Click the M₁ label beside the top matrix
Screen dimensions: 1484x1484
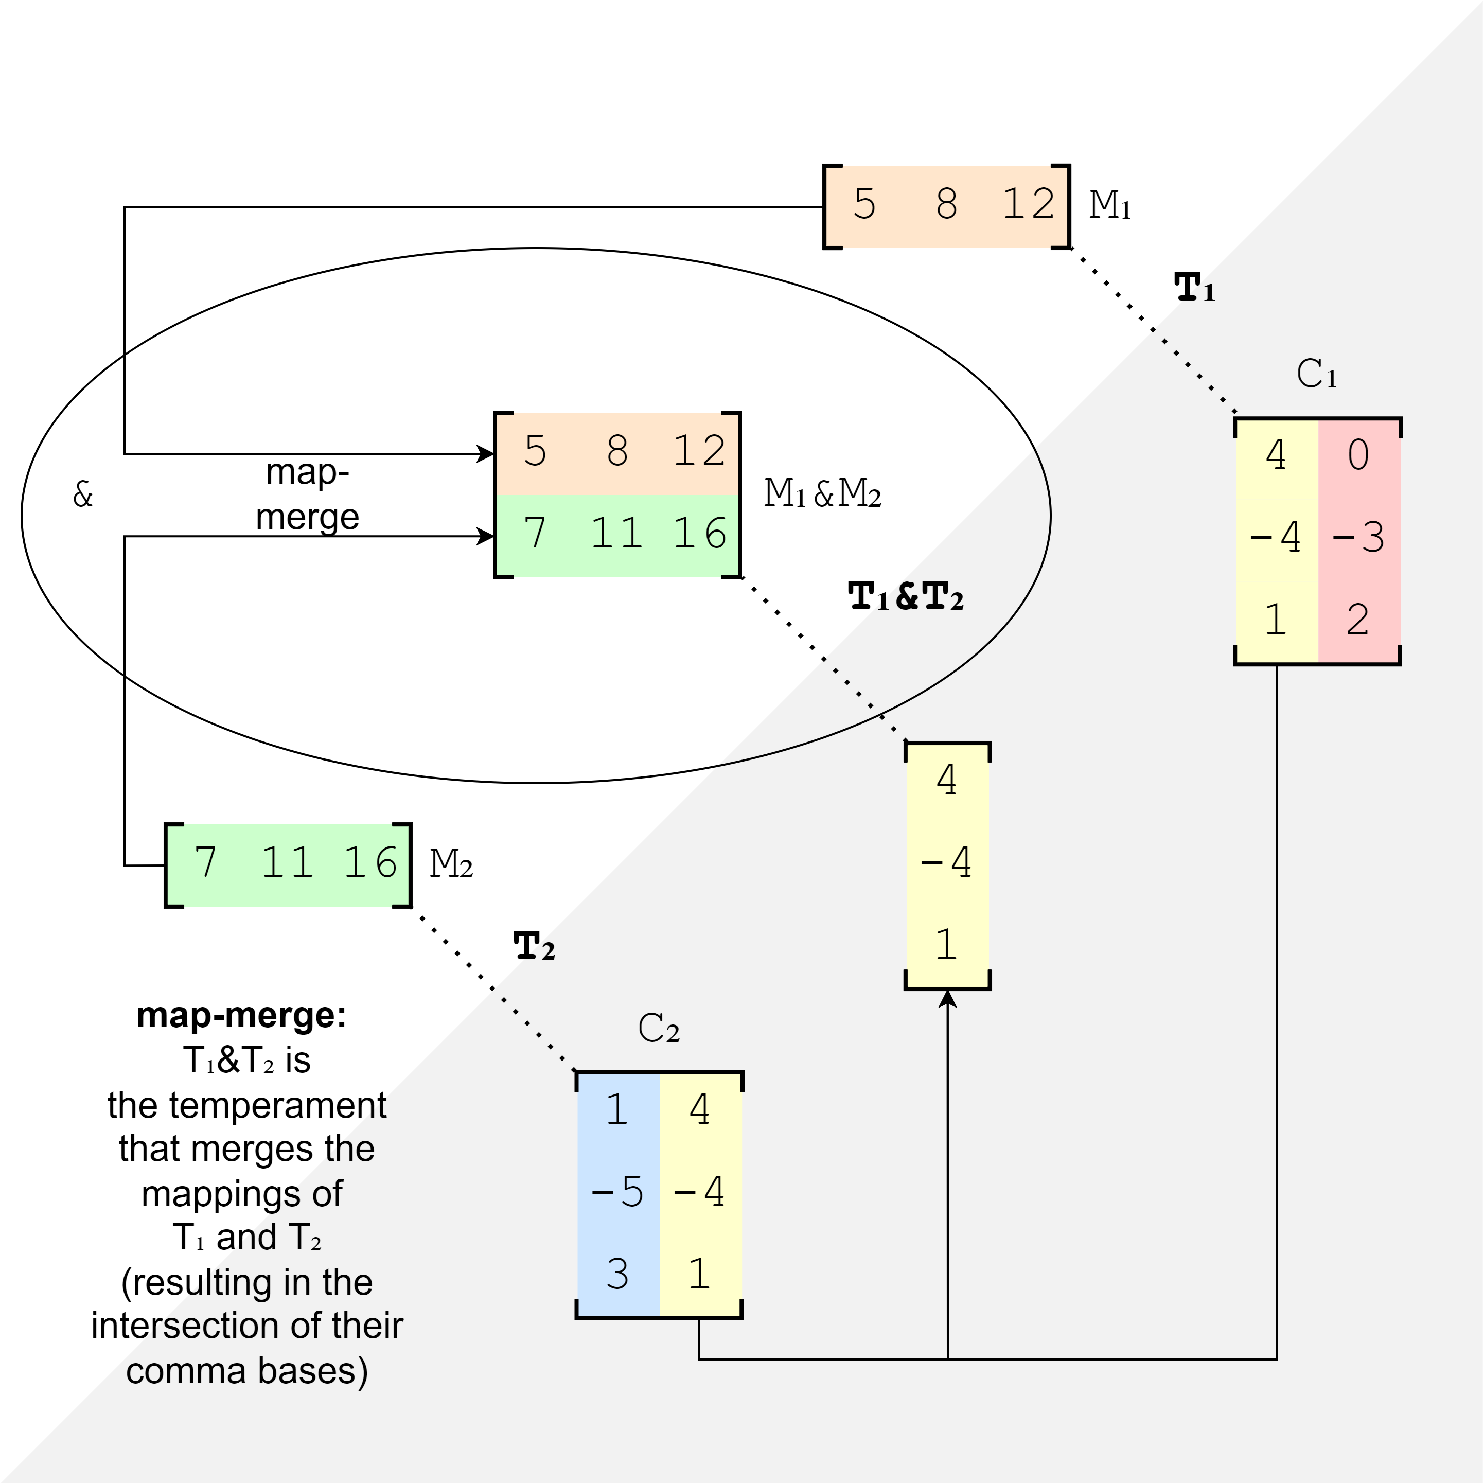pyautogui.click(x=1110, y=205)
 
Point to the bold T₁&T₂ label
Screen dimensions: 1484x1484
pyautogui.click(x=906, y=597)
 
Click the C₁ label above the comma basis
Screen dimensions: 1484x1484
pyautogui.click(x=1317, y=374)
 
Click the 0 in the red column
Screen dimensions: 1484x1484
pyautogui.click(x=1358, y=455)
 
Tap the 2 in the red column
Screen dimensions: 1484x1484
pyautogui.click(x=1358, y=619)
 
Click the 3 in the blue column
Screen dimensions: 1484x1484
pyautogui.click(x=617, y=1274)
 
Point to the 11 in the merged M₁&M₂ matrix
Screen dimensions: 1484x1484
pyautogui.click(x=617, y=534)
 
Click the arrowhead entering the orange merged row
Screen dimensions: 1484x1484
pyautogui.click(x=485, y=454)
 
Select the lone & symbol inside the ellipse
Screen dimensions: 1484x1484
pyautogui.click(x=83, y=494)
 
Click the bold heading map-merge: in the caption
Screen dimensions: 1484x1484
pyautogui.click(x=242, y=1015)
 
